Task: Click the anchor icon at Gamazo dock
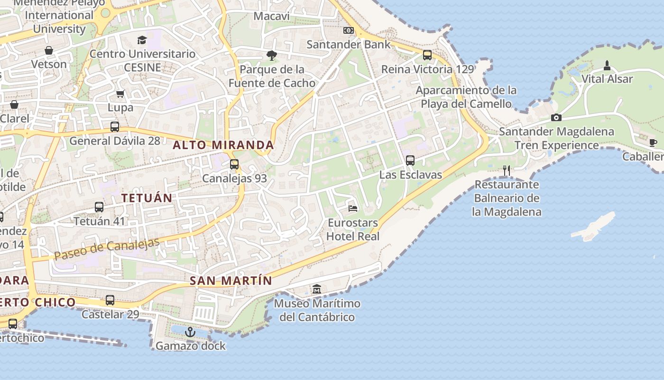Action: [190, 332]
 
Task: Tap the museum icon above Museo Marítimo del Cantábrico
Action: [317, 289]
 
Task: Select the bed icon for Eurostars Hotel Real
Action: [353, 208]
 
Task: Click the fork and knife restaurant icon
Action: [507, 170]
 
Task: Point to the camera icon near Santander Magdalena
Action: [556, 117]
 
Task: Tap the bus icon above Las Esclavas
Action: [410, 161]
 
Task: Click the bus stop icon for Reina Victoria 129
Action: [427, 55]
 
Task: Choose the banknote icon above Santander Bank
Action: [349, 30]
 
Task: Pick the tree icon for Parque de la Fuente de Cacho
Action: [271, 56]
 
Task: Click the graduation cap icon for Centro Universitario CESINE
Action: [142, 40]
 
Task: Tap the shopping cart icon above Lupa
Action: [120, 94]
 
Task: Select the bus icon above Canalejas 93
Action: [234, 164]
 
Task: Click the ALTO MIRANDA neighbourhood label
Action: [223, 145]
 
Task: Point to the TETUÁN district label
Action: [147, 198]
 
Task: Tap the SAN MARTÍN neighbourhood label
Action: [231, 281]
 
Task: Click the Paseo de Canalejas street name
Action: [107, 249]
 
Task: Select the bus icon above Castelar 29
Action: [110, 300]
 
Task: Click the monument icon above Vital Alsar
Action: [607, 65]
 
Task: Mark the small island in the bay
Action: [594, 227]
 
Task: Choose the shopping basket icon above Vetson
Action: [49, 50]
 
